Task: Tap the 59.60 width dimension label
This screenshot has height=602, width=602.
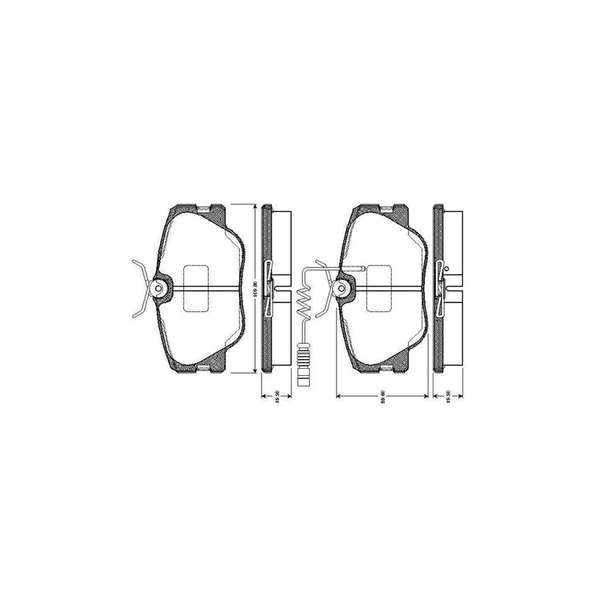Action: (382, 401)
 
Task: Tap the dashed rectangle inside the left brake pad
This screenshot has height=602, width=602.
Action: (196, 288)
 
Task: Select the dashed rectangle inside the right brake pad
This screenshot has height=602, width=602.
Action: (380, 288)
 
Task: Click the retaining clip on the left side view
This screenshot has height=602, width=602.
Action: (269, 288)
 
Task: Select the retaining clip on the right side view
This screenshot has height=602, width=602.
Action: (440, 288)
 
